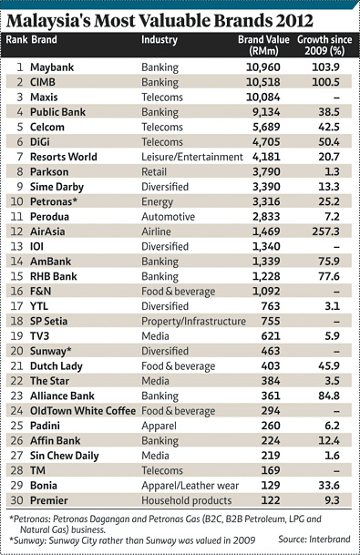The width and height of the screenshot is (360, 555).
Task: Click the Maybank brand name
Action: pos(52,67)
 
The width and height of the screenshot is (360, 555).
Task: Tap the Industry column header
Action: pos(159,40)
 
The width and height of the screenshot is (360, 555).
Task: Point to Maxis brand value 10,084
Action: pos(263,98)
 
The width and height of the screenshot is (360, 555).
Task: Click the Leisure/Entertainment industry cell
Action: pos(192,157)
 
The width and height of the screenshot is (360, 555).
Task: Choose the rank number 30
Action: pos(17,500)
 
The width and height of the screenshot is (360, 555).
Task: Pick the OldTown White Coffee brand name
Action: pos(83,411)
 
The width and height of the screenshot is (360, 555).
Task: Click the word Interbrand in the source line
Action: pos(330,540)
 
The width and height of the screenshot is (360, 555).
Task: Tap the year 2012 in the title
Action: pos(294,21)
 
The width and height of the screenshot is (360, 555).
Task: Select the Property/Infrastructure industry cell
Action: pos(193,321)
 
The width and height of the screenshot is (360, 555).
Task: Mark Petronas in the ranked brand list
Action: pos(54,201)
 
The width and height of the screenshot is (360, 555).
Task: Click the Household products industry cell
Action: pos(187,500)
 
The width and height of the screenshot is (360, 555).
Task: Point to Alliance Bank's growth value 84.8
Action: pos(329,396)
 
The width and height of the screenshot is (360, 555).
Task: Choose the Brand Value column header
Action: pos(263,46)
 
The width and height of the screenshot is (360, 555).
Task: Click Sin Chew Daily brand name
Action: pos(65,456)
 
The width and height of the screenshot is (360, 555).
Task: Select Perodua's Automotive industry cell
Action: pos(168,217)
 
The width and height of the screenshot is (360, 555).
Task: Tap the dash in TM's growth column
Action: pos(336,471)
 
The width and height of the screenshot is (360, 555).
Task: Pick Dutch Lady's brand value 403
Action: pos(271,366)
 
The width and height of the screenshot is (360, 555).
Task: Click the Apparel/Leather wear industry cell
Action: pos(190,486)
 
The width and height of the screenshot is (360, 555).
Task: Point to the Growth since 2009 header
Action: pos(324,46)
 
